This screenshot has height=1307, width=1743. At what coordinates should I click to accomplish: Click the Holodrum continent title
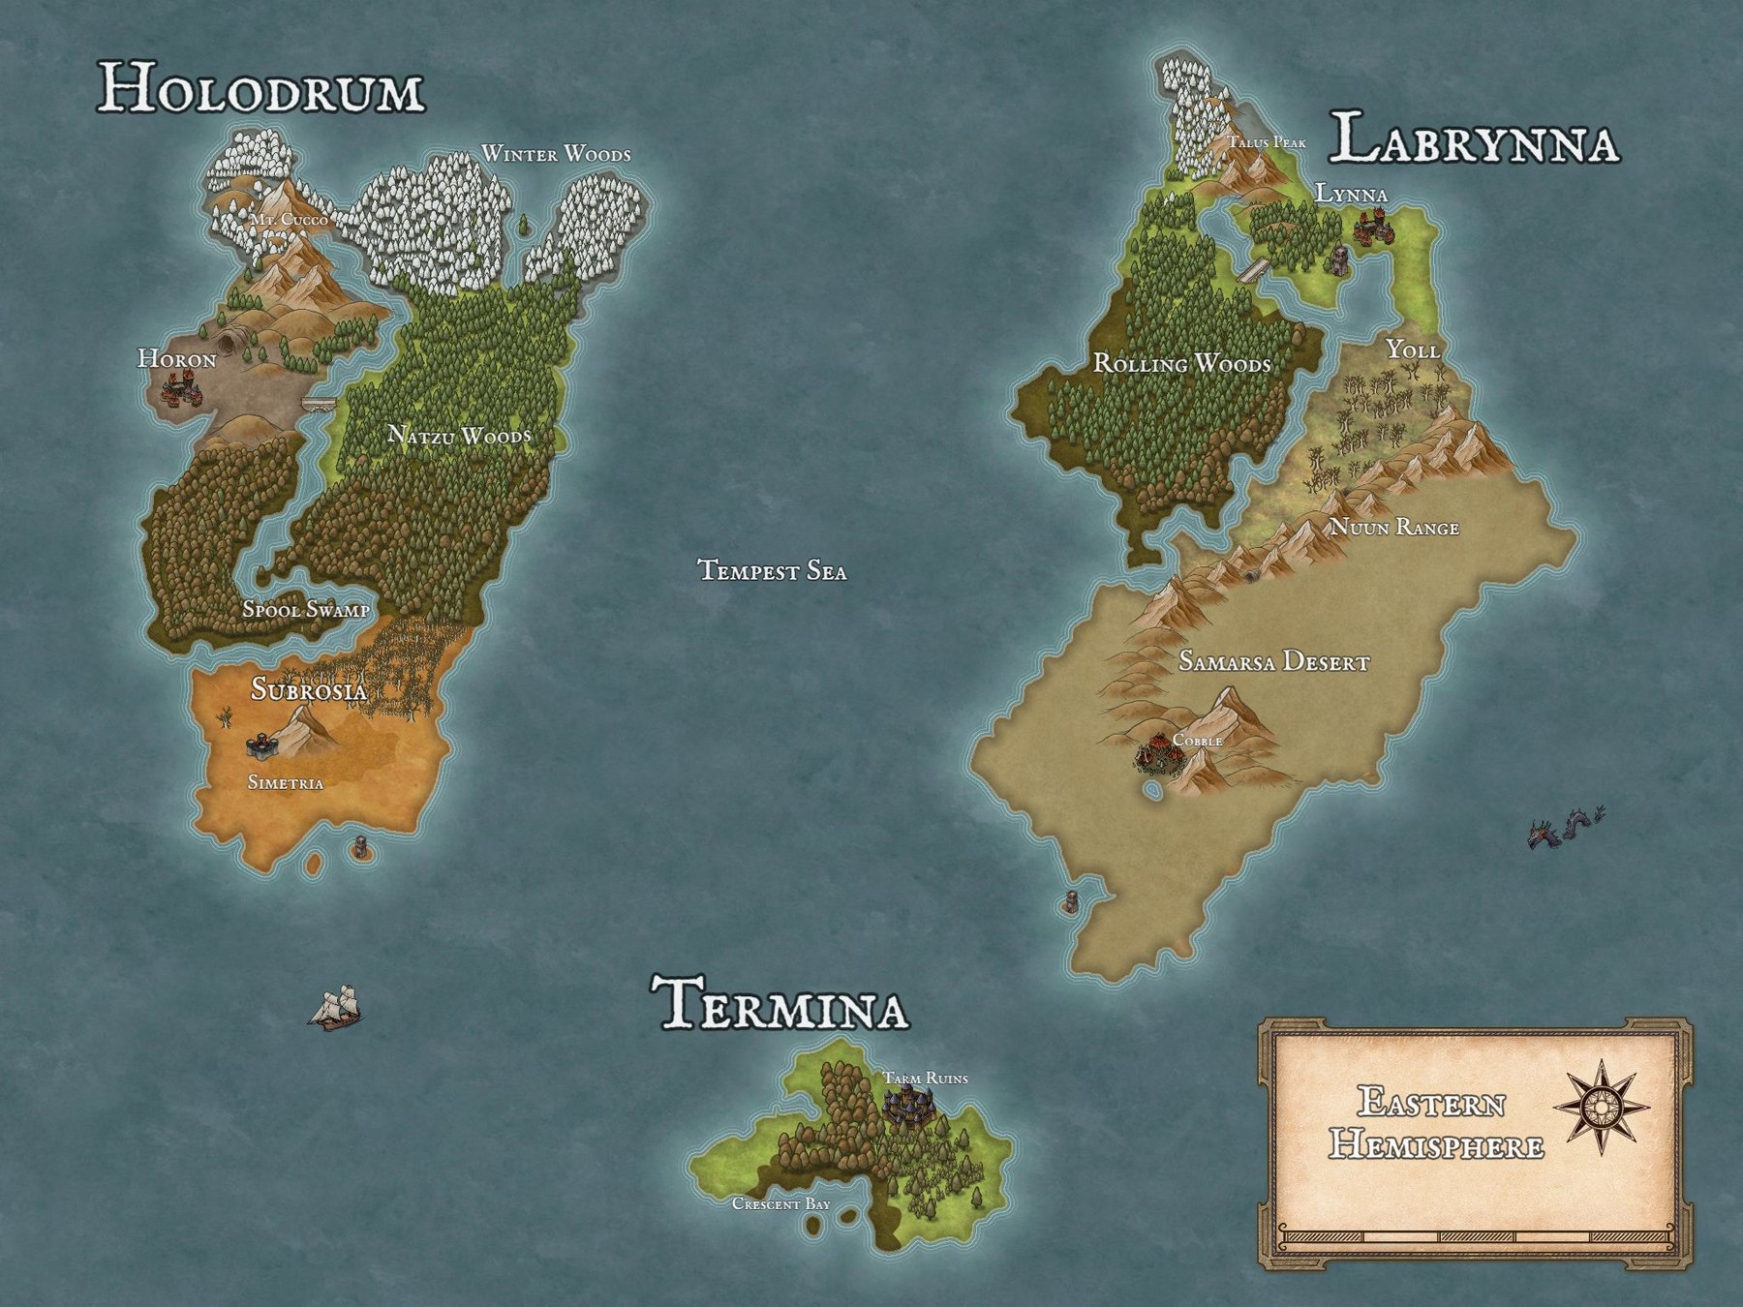tap(261, 89)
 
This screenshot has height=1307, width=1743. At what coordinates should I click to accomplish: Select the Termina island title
tap(780, 1005)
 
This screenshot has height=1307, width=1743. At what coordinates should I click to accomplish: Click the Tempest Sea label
tap(772, 571)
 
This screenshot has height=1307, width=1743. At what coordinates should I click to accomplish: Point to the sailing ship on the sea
tap(335, 1008)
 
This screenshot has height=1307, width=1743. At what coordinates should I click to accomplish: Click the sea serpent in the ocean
tap(1564, 830)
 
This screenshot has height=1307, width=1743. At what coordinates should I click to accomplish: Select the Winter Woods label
tap(556, 154)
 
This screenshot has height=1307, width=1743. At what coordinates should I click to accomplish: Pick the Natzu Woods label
tap(459, 436)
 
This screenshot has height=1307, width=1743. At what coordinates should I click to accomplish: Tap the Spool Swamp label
tap(305, 610)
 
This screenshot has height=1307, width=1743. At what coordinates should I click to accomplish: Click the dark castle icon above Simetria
tap(261, 745)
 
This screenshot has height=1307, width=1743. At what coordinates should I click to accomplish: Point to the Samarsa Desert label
tap(1273, 663)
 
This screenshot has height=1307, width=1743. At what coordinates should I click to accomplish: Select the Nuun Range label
tap(1393, 528)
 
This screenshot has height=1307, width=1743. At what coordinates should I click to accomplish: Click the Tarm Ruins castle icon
tap(908, 1105)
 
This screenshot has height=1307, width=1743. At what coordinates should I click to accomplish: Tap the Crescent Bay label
tap(780, 1204)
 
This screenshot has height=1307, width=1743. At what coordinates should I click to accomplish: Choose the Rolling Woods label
tap(1181, 364)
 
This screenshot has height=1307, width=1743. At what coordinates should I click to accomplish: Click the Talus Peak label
tap(1267, 143)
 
